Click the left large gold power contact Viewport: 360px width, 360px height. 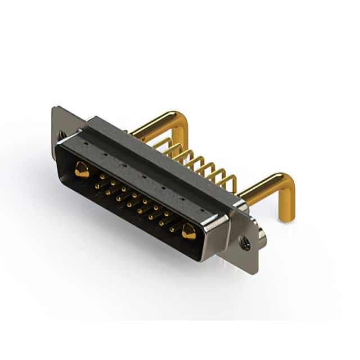[82, 169]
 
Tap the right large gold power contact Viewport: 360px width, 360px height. [188, 231]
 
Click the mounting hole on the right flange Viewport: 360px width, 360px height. [245, 243]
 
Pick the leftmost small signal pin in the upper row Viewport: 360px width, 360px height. [102, 177]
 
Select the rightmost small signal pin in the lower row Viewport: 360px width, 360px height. [172, 229]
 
